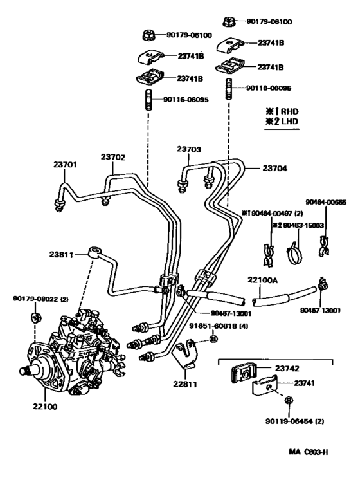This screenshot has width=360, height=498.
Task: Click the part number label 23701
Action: coord(65,165)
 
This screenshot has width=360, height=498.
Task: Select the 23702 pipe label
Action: coord(113,156)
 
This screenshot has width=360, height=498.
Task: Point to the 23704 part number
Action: coord(274,168)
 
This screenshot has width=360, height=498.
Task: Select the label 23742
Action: coord(288,368)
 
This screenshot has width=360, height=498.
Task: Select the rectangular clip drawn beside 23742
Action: coord(242,373)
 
